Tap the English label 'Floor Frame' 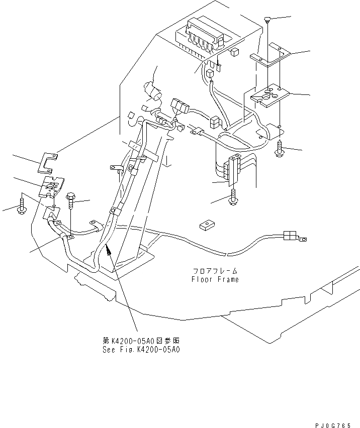215,279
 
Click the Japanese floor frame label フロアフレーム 215,271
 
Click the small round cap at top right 267,20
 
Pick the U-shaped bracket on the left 48,160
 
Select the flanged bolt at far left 22,204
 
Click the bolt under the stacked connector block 234,199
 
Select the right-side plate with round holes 269,95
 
